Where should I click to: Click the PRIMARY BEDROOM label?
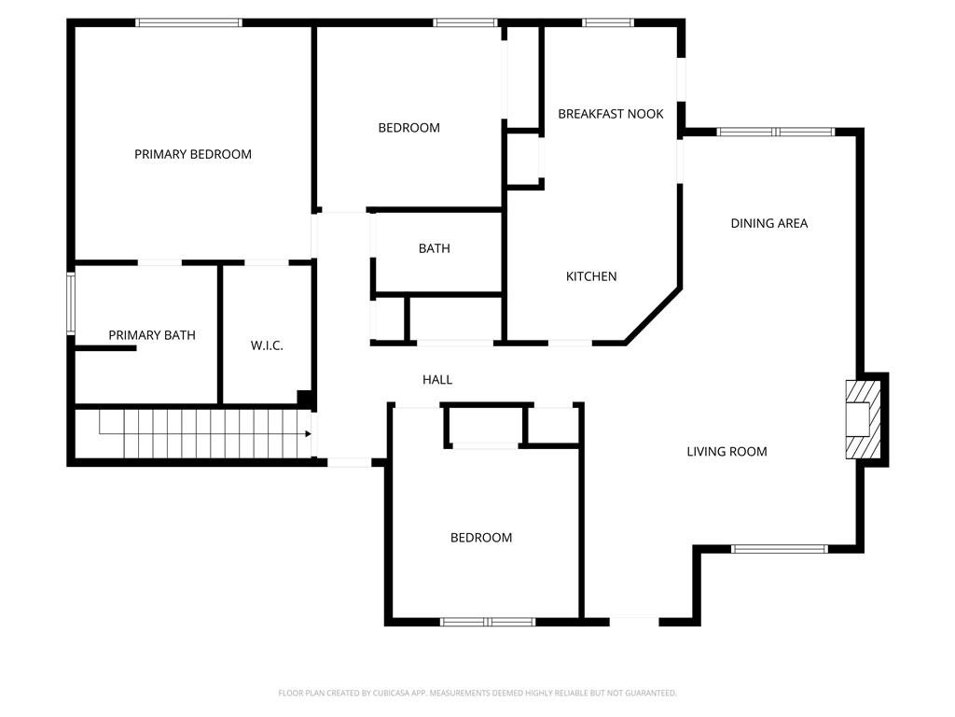pyautogui.click(x=193, y=154)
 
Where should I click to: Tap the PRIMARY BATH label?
pyautogui.click(x=152, y=335)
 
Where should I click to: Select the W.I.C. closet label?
pyautogui.click(x=267, y=345)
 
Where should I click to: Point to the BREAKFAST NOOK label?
pyautogui.click(x=611, y=114)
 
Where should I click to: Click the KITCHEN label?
pyautogui.click(x=591, y=276)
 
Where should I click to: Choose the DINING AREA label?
pyautogui.click(x=769, y=223)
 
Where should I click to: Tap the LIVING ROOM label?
pyautogui.click(x=727, y=452)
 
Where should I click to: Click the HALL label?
pyautogui.click(x=437, y=380)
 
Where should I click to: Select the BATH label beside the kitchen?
pyautogui.click(x=434, y=248)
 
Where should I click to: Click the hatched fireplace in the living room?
pyautogui.click(x=862, y=419)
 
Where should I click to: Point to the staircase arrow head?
pyautogui.click(x=307, y=434)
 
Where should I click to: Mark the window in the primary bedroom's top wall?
pyautogui.click(x=189, y=22)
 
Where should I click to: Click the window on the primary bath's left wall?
pyautogui.click(x=71, y=302)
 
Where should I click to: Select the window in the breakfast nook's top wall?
pyautogui.click(x=608, y=22)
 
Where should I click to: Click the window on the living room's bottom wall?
pyautogui.click(x=779, y=549)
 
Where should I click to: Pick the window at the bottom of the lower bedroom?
pyautogui.click(x=488, y=622)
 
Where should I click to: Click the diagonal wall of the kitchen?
pyautogui.click(x=653, y=316)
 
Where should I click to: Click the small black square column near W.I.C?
pyautogui.click(x=304, y=398)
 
